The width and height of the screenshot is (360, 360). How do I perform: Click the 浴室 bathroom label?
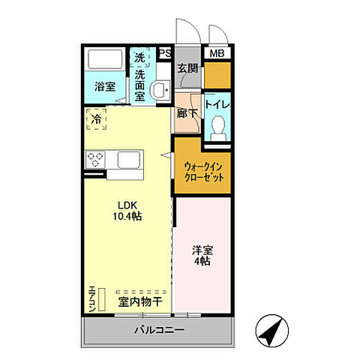click(x=105, y=87)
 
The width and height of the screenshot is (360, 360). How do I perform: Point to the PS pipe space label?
click(x=165, y=53)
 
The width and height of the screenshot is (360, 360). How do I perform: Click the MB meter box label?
click(x=217, y=53)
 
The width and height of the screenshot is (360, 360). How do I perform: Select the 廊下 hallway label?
click(x=187, y=115)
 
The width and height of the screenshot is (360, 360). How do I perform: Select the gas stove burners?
click(x=97, y=159)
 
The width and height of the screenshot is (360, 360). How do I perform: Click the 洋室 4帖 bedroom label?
click(x=201, y=255)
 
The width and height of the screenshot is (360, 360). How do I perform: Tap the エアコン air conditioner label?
click(x=91, y=299)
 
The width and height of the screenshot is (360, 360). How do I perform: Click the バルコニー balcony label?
click(x=160, y=330)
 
